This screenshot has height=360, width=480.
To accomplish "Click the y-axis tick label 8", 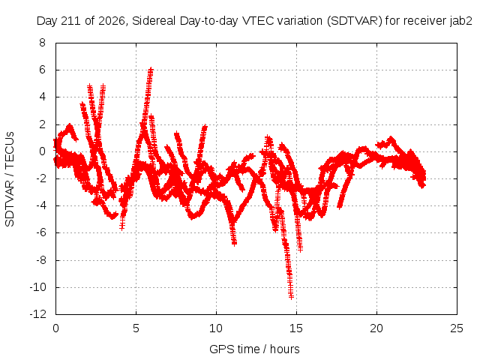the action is tap(42, 43).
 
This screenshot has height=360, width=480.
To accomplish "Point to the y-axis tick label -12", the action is tap(38, 314).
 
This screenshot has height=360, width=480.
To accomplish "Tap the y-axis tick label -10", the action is tap(38, 287).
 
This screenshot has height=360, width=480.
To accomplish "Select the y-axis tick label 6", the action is tap(42, 70).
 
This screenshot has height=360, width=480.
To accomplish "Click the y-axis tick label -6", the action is tap(40, 232).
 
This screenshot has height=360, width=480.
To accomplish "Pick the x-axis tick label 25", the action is tap(457, 328).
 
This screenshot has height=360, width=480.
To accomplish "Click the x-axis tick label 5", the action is tap(136, 328).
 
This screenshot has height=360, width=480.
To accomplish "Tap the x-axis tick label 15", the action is tap(296, 328).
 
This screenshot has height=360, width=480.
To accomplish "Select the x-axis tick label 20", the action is tap(376, 328).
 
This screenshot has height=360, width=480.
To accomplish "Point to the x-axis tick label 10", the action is tap(216, 328).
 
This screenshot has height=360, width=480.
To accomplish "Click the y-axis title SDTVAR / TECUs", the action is tap(10, 179).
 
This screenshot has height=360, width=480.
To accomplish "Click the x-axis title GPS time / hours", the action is tap(254, 349).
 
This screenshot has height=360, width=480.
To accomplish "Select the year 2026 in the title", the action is tap(112, 22).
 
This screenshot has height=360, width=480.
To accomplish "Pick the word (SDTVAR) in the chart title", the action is tap(355, 21).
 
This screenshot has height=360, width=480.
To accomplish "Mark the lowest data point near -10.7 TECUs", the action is tap(291, 296).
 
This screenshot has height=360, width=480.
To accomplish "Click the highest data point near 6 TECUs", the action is tap(150, 70).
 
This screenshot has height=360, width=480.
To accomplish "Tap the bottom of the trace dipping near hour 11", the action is tap(235, 244).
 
